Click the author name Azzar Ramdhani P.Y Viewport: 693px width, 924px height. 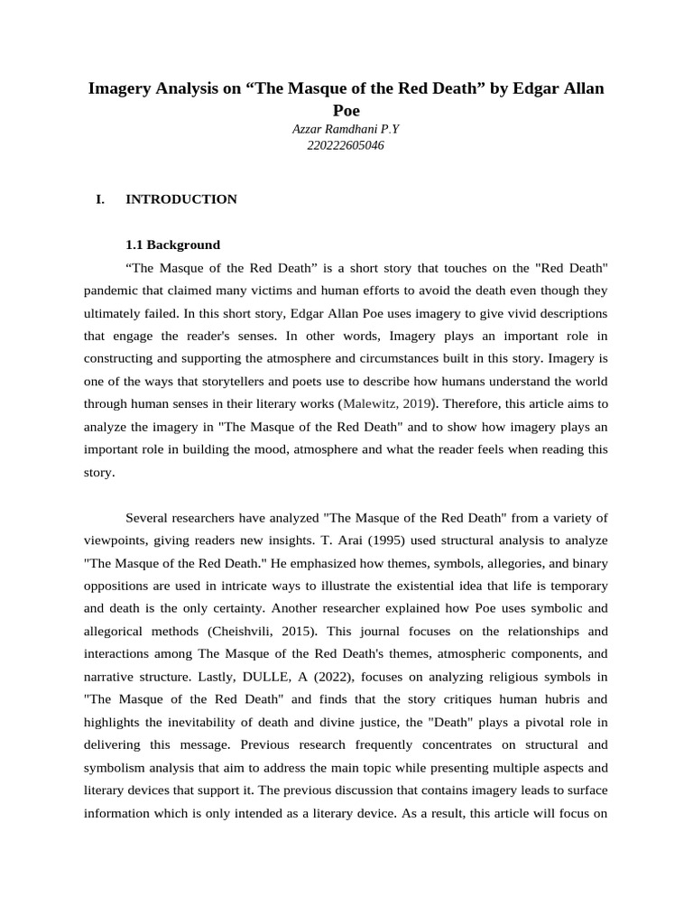pos(346,129)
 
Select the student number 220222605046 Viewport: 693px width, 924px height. pos(346,145)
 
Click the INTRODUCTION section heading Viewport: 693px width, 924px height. pos(180,199)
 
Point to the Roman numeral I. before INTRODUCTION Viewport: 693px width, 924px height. pos(100,199)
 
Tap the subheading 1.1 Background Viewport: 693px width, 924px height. pos(171,245)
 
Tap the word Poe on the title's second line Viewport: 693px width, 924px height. pos(346,110)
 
